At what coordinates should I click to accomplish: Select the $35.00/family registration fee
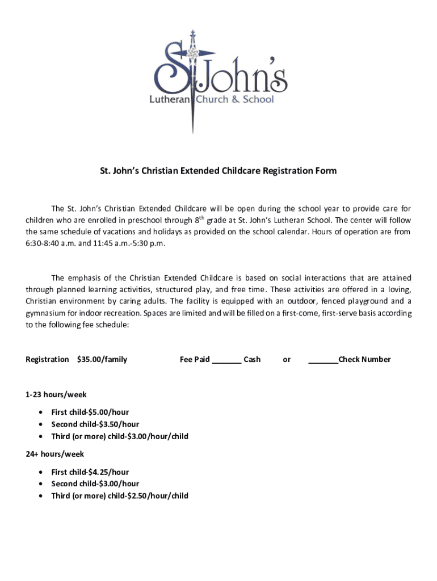(x=102, y=359)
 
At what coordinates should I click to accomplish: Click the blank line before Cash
(x=226, y=359)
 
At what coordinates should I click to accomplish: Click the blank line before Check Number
(x=323, y=359)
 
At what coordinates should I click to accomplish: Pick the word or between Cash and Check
(x=287, y=359)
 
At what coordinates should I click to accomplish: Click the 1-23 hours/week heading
(x=56, y=394)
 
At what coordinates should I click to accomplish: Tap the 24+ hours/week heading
(x=55, y=454)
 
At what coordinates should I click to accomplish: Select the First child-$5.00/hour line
(x=90, y=412)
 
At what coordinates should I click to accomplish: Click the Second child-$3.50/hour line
(x=95, y=424)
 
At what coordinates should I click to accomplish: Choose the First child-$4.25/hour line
(x=90, y=472)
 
